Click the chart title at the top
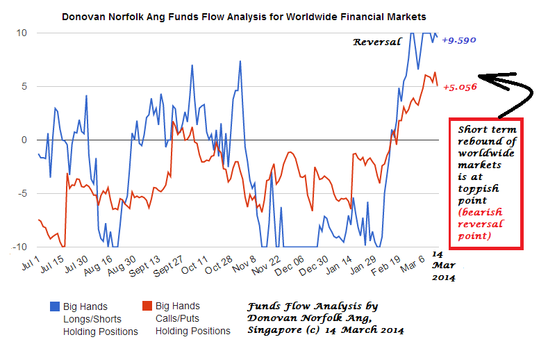[244, 15]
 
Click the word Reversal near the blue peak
[377, 42]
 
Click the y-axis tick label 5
[24, 86]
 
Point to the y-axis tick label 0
[24, 140]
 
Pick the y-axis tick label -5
[22, 193]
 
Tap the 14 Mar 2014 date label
[443, 266]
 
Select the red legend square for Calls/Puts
[147, 306]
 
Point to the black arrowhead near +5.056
[485, 79]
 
